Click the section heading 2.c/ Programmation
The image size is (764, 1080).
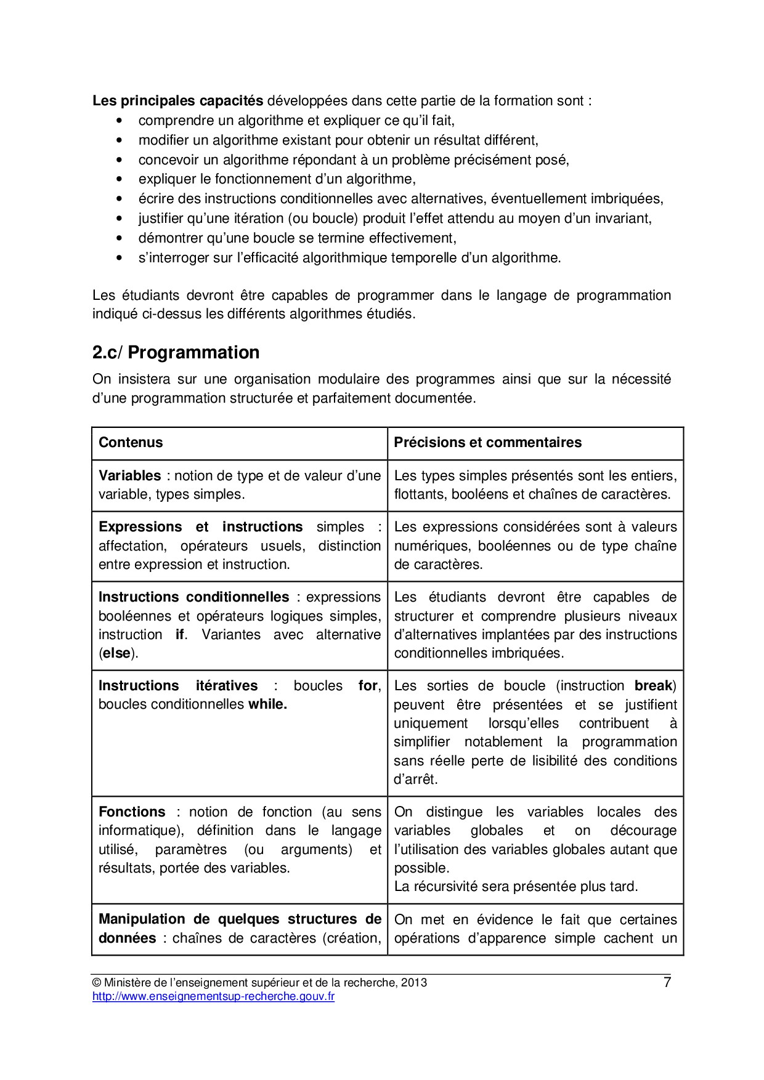176,353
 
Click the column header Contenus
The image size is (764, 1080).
131,443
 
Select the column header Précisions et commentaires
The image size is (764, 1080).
487,443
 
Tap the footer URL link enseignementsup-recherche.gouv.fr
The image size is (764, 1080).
213,996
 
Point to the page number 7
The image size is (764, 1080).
667,983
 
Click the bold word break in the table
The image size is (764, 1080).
654,686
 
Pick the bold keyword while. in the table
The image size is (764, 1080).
267,704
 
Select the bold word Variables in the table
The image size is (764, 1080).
129,476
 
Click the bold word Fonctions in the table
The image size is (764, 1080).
132,812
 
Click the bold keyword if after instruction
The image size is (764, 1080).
179,635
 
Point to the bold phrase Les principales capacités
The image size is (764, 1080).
177,101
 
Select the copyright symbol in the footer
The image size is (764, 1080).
96,983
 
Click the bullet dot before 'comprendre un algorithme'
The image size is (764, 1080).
119,121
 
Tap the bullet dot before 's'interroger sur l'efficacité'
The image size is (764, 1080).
119,258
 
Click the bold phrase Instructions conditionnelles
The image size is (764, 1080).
193,597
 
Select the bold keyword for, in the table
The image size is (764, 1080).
370,686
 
